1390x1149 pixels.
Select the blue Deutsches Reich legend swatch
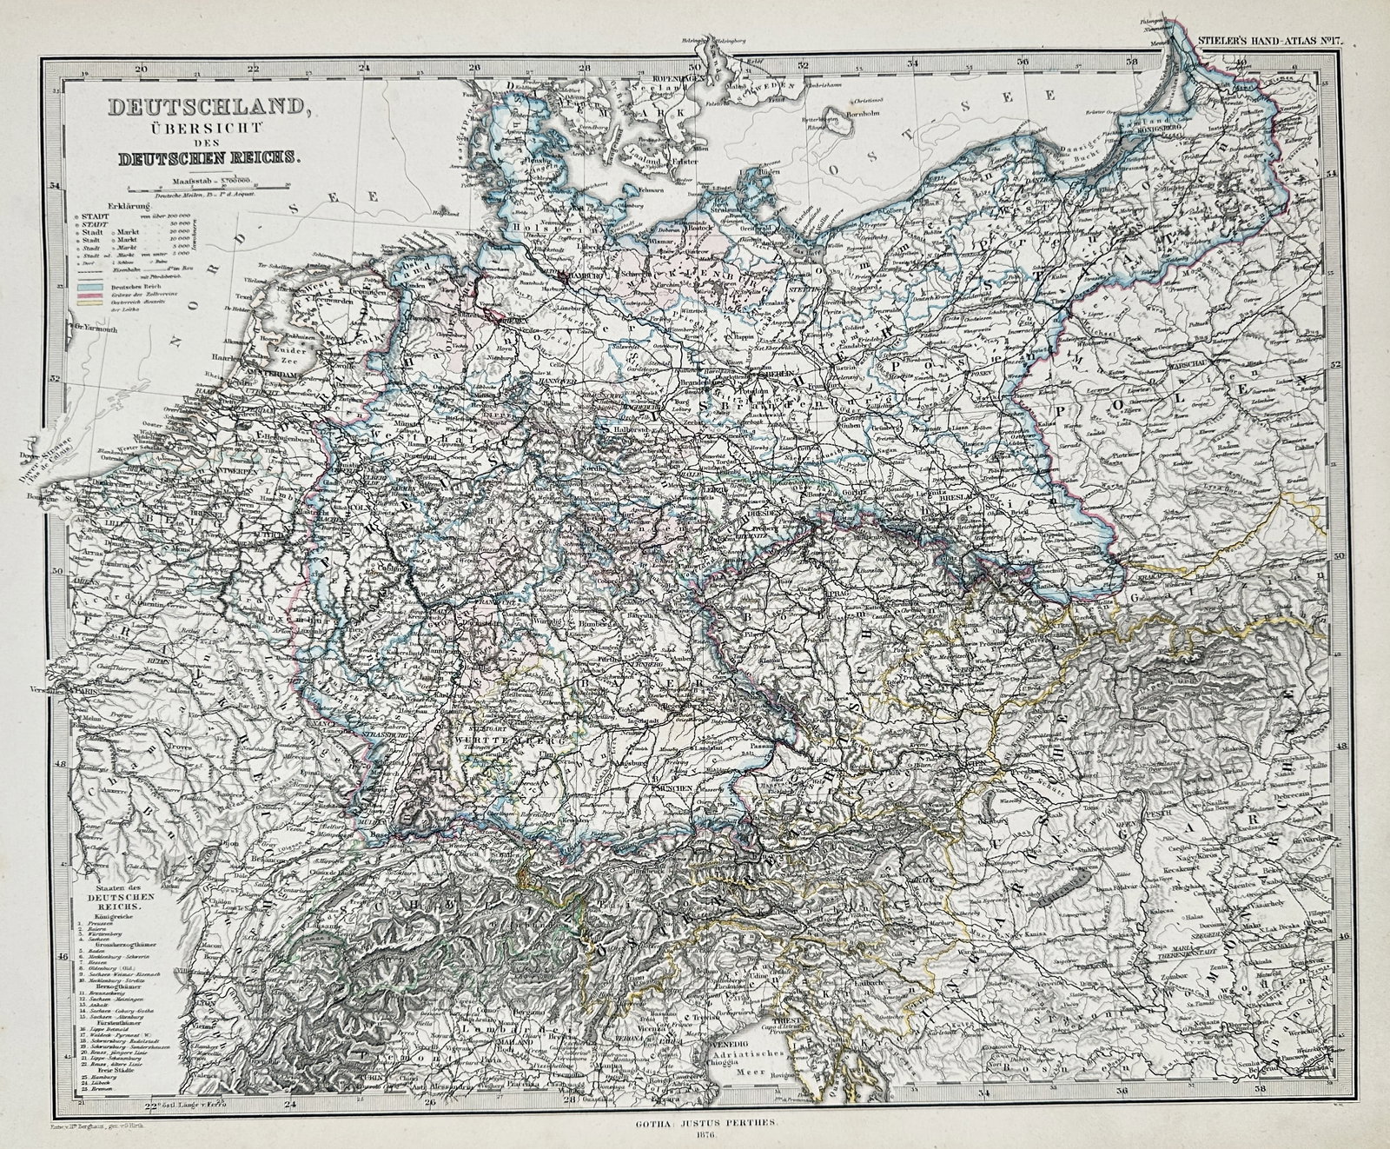tap(88, 284)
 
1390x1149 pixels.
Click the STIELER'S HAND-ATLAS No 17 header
tap(1268, 40)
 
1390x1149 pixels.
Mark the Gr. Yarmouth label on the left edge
tap(91, 328)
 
